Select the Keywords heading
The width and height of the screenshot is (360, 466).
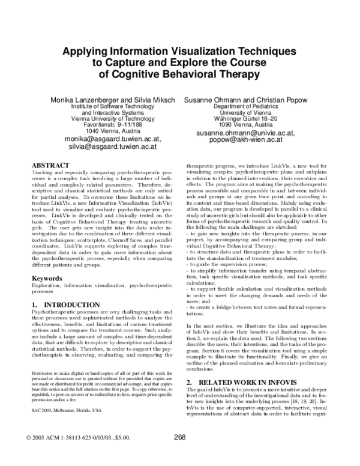[47, 279]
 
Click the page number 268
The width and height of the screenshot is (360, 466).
[179, 437]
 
